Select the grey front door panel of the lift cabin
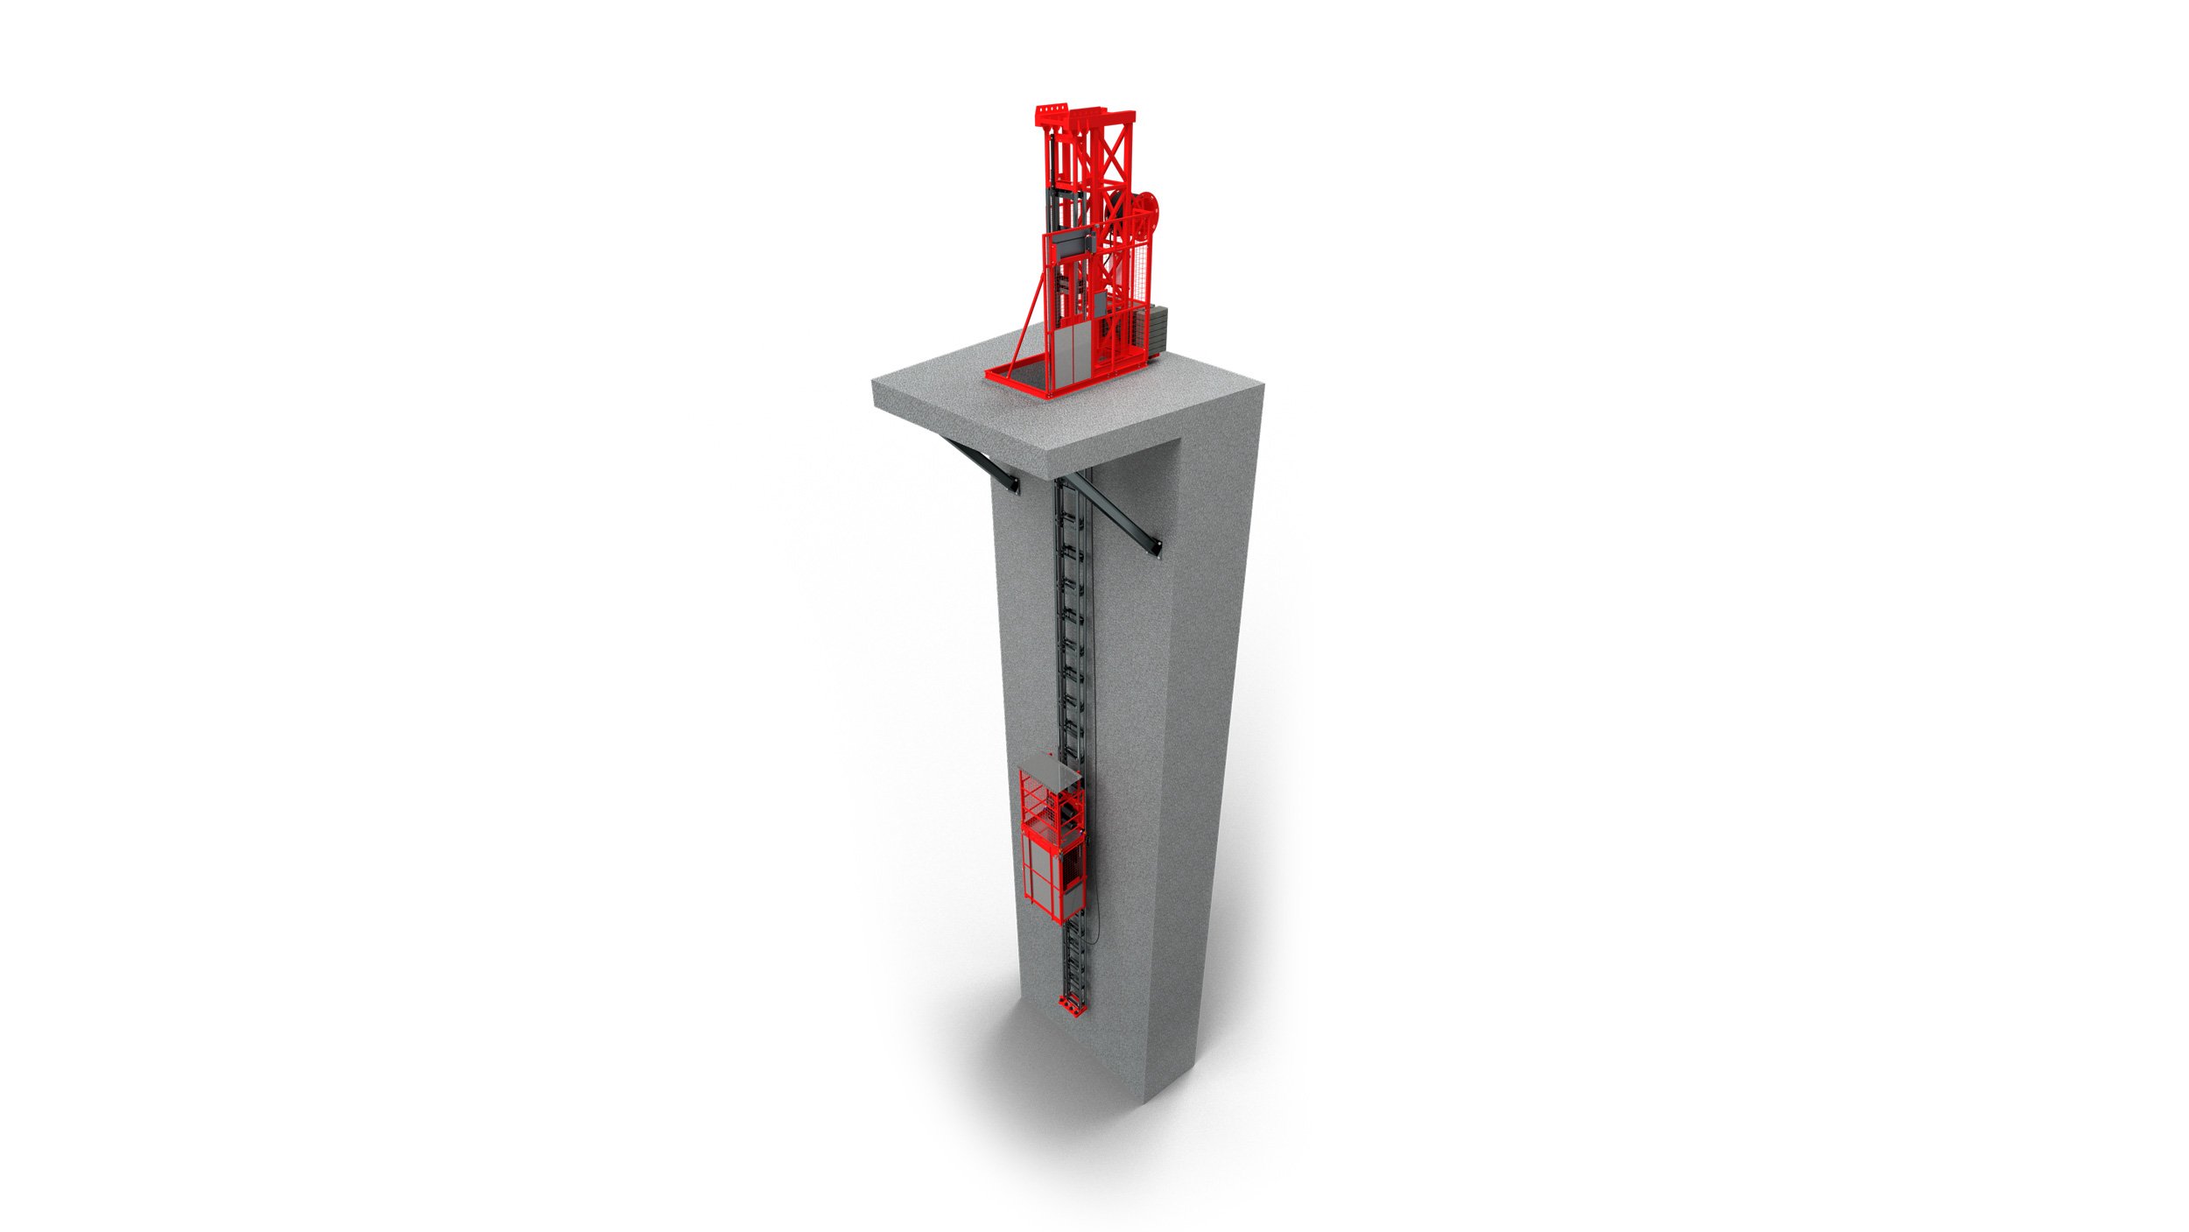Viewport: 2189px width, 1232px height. click(1039, 876)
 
